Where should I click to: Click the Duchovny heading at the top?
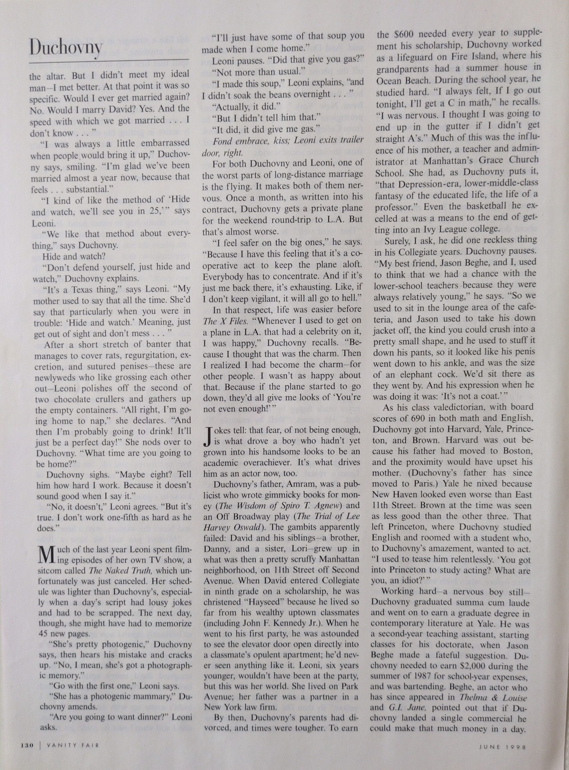[x=66, y=48]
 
